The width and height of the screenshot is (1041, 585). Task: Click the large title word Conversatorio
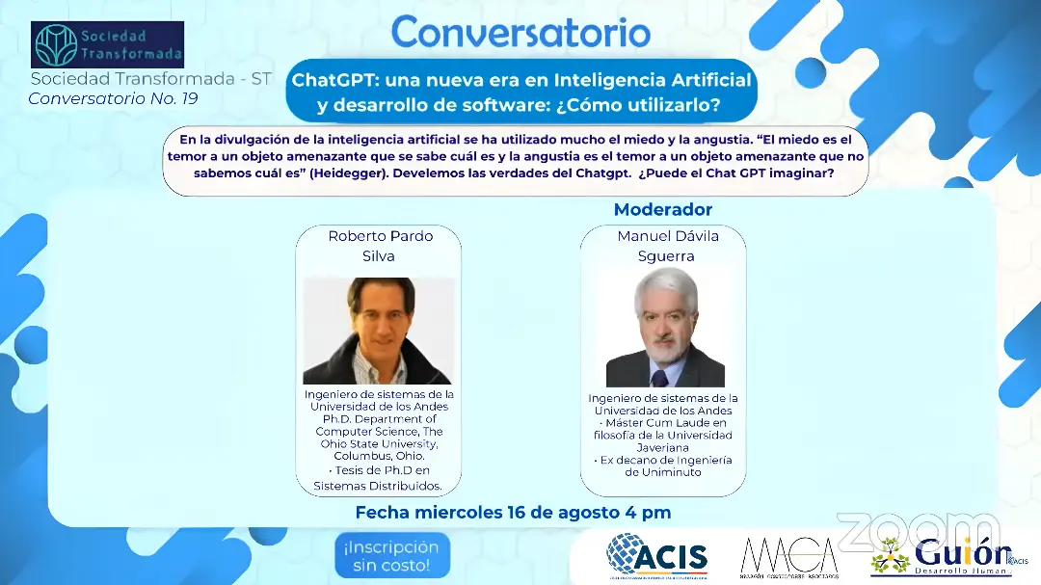[520, 32]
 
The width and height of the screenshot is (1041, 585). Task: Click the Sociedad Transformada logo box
[107, 44]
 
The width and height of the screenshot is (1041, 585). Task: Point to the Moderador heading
[663, 209]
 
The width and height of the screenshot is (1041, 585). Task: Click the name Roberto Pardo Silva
[380, 246]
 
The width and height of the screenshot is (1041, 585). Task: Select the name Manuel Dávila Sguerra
[667, 246]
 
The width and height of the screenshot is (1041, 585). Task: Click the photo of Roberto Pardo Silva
[378, 331]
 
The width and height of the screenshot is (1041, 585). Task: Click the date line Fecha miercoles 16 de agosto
[513, 512]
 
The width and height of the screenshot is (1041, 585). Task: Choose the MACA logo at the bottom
[788, 556]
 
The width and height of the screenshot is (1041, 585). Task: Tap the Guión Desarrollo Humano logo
[940, 557]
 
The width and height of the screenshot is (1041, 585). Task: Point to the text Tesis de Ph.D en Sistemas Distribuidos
[378, 479]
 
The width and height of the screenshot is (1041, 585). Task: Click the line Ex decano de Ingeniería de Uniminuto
[665, 465]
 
